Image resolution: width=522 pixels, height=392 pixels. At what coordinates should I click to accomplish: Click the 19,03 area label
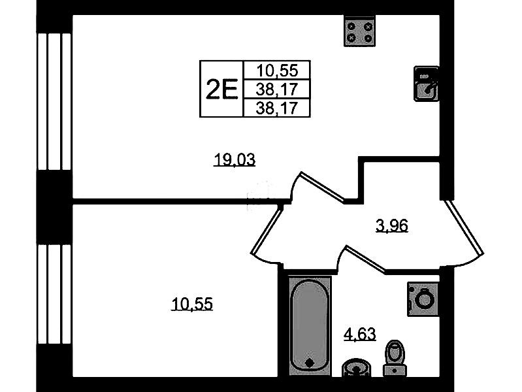[x=235, y=160]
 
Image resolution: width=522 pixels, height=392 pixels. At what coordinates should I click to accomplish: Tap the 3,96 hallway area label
[x=392, y=226]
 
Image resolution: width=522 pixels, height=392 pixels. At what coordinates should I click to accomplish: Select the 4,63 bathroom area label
[x=359, y=334]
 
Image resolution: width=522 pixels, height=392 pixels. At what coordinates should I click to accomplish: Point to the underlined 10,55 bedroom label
[x=192, y=304]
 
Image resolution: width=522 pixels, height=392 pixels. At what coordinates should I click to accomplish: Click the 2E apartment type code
[x=221, y=89]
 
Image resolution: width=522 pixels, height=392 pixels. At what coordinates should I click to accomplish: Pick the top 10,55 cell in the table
[x=277, y=71]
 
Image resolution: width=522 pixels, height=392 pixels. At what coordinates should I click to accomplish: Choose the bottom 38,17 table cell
[x=277, y=108]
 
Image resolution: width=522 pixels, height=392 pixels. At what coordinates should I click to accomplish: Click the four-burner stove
[x=359, y=32]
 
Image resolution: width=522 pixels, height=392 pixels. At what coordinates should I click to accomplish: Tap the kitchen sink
[x=426, y=84]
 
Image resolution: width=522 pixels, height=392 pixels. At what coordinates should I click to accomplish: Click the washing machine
[x=423, y=299]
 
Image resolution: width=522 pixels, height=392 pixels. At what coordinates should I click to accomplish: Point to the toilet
[x=395, y=359]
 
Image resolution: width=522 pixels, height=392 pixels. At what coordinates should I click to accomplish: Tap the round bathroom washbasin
[x=356, y=368]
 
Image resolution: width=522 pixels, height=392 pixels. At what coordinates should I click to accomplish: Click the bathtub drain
[x=310, y=363]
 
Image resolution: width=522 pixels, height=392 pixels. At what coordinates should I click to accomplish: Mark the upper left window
[x=54, y=101]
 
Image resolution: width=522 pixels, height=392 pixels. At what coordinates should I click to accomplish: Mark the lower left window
[x=54, y=294]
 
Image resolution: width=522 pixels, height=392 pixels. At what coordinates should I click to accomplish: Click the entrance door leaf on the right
[x=464, y=227]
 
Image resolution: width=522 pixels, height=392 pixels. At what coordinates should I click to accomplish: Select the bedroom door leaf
[x=267, y=230]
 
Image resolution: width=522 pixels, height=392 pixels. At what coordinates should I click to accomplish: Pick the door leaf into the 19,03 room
[x=323, y=187]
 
